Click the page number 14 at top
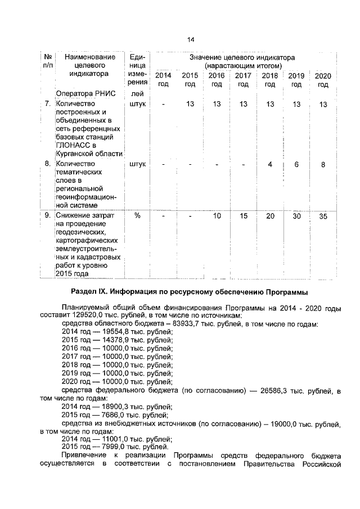coord(191,39)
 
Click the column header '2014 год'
coord(163,80)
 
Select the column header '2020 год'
coord(322,80)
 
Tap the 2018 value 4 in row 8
coord(271,164)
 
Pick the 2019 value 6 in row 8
coord(296,164)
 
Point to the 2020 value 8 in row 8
coord(323,164)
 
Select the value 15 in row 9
coord(243,217)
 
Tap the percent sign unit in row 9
coord(137,217)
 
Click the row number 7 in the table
coord(47,104)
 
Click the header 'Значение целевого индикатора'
coord(243,58)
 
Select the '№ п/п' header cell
coord(48,62)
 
